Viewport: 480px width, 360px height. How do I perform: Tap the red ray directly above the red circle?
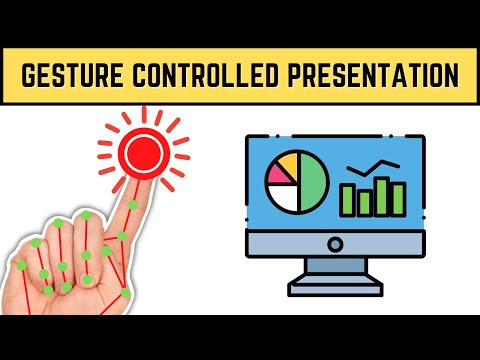click(x=138, y=114)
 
